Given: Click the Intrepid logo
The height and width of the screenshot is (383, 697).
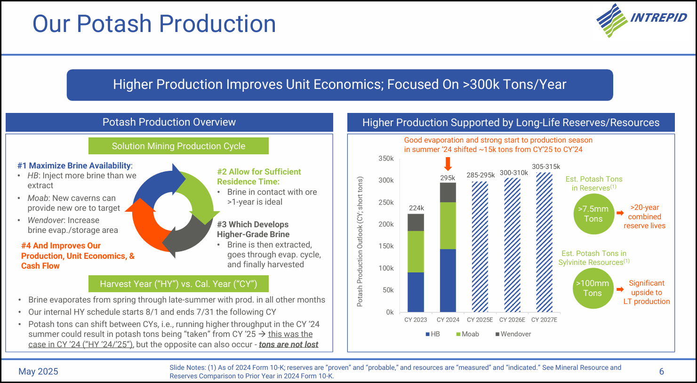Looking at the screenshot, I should pos(641,20).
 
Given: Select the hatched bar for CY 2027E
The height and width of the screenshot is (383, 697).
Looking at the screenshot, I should pos(544,242).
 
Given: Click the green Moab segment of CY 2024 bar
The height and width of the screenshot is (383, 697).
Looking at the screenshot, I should pos(448,225).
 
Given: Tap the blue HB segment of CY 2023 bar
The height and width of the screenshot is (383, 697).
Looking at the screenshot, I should pos(416,292).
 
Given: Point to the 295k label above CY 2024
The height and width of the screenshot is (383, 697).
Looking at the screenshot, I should pos(448,178).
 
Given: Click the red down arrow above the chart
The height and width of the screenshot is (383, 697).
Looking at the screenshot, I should pos(448,164).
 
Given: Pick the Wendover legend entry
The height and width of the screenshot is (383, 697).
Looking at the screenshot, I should pos(513,334).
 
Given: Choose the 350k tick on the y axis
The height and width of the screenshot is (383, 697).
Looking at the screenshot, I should pos(386,159).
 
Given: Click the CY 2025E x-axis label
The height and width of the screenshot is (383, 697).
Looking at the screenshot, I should pos(480,320).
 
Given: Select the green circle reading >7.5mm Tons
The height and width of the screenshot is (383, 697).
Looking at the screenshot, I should pos(593,214).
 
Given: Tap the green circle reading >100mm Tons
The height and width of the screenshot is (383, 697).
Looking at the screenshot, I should pos(593,288).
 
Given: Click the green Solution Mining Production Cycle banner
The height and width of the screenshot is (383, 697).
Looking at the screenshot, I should pos(178,146).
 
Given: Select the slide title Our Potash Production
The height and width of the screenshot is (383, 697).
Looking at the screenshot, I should pos(154,24).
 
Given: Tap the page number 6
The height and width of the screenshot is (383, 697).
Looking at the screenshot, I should pos(661,372).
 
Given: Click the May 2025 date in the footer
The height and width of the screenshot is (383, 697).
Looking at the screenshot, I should pos(38,372).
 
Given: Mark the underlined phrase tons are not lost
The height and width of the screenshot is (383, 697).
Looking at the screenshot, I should pos(288,344).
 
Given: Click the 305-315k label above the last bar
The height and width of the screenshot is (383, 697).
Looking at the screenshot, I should pos(546,167).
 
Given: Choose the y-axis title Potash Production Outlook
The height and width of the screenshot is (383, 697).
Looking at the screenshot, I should pos(360,241).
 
